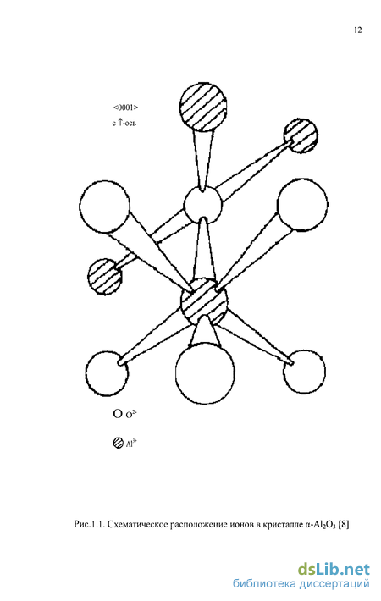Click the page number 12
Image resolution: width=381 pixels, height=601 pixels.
click(x=357, y=30)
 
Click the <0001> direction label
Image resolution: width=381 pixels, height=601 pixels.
click(x=125, y=108)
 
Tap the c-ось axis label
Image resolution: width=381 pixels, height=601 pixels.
click(x=124, y=123)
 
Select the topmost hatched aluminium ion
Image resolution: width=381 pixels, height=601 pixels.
click(x=202, y=107)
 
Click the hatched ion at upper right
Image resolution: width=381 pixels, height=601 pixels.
click(x=301, y=135)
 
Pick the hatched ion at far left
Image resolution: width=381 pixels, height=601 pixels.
click(x=105, y=276)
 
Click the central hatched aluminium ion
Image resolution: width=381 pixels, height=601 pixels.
click(x=204, y=301)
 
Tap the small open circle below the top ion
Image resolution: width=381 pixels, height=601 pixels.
click(x=202, y=205)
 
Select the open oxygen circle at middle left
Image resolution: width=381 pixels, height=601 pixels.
click(x=105, y=207)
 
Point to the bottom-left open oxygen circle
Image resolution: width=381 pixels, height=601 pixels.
click(x=107, y=372)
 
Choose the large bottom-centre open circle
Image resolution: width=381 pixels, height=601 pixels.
click(x=205, y=373)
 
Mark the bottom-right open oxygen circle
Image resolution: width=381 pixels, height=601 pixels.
click(x=304, y=372)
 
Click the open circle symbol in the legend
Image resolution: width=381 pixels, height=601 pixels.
click(x=118, y=414)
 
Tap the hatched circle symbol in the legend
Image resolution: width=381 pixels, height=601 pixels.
click(x=118, y=443)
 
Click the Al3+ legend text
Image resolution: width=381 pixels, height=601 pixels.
click(x=131, y=444)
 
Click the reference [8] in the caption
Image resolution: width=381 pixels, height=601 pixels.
click(x=344, y=524)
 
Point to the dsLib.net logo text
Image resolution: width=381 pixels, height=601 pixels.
click(x=334, y=570)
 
